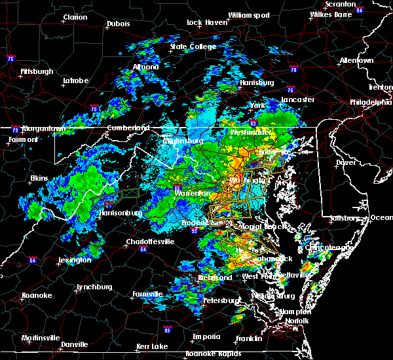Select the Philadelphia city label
pos(370,102)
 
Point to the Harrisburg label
pos(256,83)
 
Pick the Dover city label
pos(345,162)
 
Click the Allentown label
pos(357,61)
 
